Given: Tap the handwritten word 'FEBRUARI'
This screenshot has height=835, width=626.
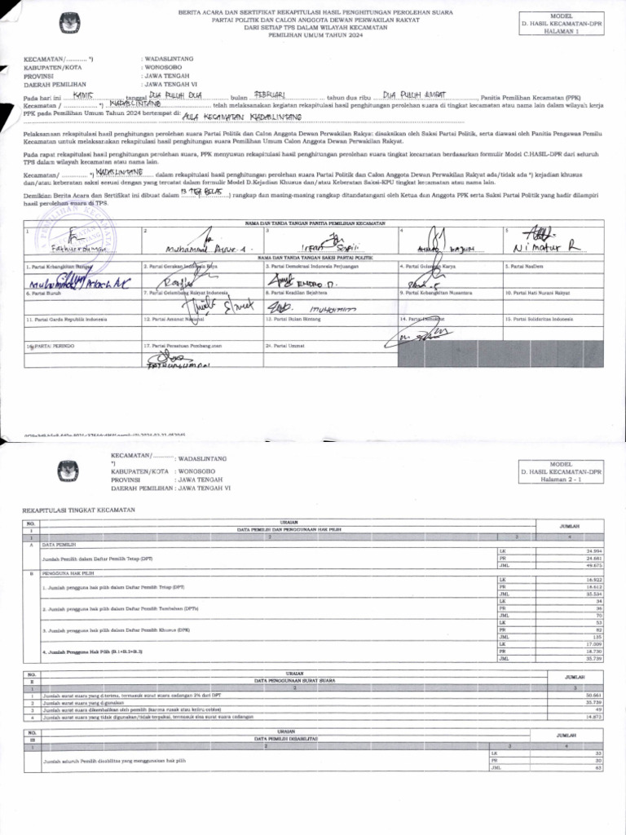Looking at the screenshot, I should [x=270, y=95].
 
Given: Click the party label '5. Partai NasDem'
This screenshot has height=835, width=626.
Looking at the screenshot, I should [x=527, y=267].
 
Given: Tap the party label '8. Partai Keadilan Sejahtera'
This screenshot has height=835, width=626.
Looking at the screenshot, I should [x=294, y=292].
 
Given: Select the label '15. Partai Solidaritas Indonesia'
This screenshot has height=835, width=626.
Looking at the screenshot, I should [x=540, y=319].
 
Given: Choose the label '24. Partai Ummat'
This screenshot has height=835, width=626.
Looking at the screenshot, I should [x=282, y=346].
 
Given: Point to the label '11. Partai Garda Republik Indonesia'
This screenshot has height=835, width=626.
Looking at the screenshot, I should [x=68, y=319].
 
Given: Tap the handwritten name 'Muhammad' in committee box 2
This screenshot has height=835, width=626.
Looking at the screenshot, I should [x=188, y=246].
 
